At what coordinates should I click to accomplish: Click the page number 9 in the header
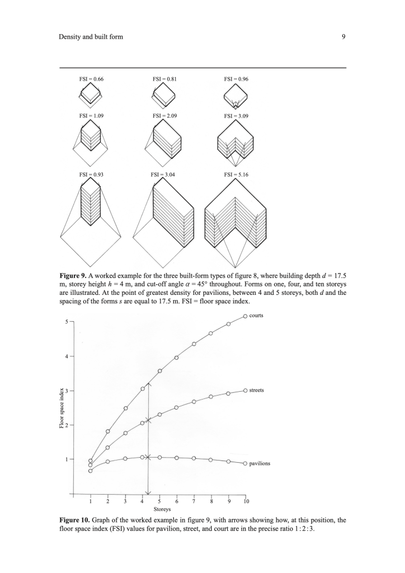pyautogui.click(x=343, y=37)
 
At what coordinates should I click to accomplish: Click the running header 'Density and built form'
pyautogui.click(x=91, y=37)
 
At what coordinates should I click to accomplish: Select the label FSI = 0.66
pyautogui.click(x=91, y=79)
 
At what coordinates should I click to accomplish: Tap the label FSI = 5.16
pyautogui.click(x=236, y=175)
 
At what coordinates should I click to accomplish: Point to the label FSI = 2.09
pyautogui.click(x=164, y=116)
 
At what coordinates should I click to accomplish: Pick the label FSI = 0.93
pyautogui.click(x=92, y=175)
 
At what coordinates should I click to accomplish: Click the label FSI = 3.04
pyautogui.click(x=163, y=175)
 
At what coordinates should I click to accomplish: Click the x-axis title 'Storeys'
pyautogui.click(x=162, y=510)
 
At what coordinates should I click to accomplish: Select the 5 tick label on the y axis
pyautogui.click(x=66, y=322)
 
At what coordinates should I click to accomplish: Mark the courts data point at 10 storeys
pyautogui.click(x=246, y=317)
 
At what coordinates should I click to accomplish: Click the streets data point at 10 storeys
pyautogui.click(x=246, y=391)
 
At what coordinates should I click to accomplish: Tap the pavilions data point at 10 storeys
pyautogui.click(x=246, y=463)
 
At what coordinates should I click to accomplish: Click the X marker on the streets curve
pyautogui.click(x=148, y=420)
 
